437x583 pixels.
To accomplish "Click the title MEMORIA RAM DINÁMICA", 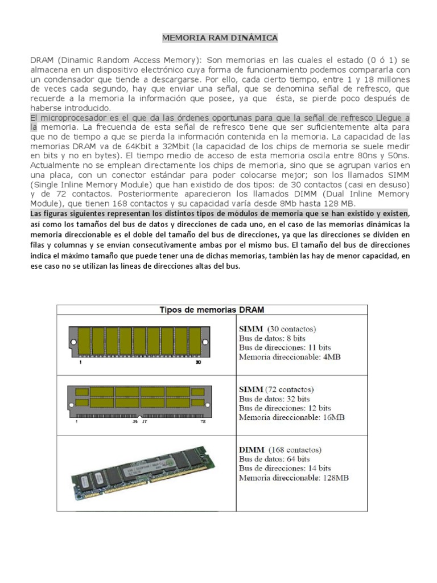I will [220, 38].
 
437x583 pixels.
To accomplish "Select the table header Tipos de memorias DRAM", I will [212, 310].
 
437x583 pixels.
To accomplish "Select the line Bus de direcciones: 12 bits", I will [285, 408].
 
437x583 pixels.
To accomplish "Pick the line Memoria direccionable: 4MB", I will [290, 357].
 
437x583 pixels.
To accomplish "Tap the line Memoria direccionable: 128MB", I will [294, 478].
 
